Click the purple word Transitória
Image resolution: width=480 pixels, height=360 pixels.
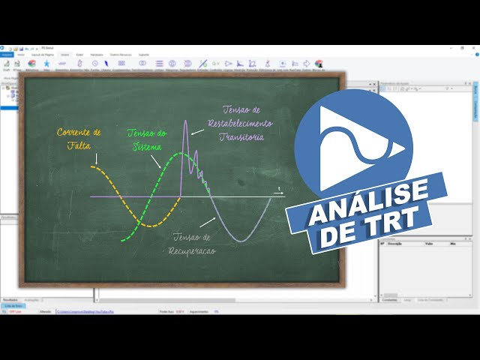click(x=242, y=136)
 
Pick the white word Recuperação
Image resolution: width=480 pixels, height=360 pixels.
click(x=193, y=250)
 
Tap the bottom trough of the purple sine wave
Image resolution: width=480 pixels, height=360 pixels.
click(x=239, y=241)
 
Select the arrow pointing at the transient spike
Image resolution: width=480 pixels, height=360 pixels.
click(x=197, y=130)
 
